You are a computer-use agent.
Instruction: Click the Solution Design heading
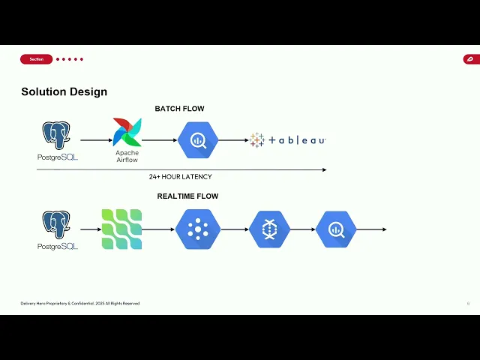pyautogui.click(x=64, y=91)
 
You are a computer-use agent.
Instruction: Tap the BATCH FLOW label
pyautogui.click(x=179, y=109)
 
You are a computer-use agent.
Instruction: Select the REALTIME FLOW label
pyautogui.click(x=187, y=196)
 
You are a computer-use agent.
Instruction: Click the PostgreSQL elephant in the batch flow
pyautogui.click(x=56, y=136)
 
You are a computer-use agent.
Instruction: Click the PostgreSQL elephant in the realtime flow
pyautogui.click(x=56, y=225)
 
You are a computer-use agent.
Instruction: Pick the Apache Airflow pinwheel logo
pyautogui.click(x=127, y=132)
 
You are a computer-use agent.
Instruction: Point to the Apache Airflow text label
pyautogui.click(x=127, y=156)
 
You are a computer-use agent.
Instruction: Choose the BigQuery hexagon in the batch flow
pyautogui.click(x=198, y=139)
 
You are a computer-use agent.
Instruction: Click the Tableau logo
pyautogui.click(x=288, y=140)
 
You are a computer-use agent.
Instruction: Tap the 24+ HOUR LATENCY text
pyautogui.click(x=180, y=177)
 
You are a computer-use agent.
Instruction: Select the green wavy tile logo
pyautogui.click(x=121, y=229)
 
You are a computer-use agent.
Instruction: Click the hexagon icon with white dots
pyautogui.click(x=198, y=229)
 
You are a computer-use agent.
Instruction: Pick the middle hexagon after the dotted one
pyautogui.click(x=268, y=229)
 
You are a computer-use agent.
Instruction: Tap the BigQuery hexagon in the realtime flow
pyautogui.click(x=335, y=229)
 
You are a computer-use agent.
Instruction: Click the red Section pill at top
pyautogui.click(x=36, y=59)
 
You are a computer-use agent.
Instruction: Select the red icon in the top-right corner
pyautogui.click(x=470, y=59)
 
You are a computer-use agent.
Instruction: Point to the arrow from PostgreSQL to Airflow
pyautogui.click(x=94, y=140)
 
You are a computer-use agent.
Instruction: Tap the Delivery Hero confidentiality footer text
pyautogui.click(x=80, y=303)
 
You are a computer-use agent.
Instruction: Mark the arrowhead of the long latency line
pyautogui.click(x=324, y=169)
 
